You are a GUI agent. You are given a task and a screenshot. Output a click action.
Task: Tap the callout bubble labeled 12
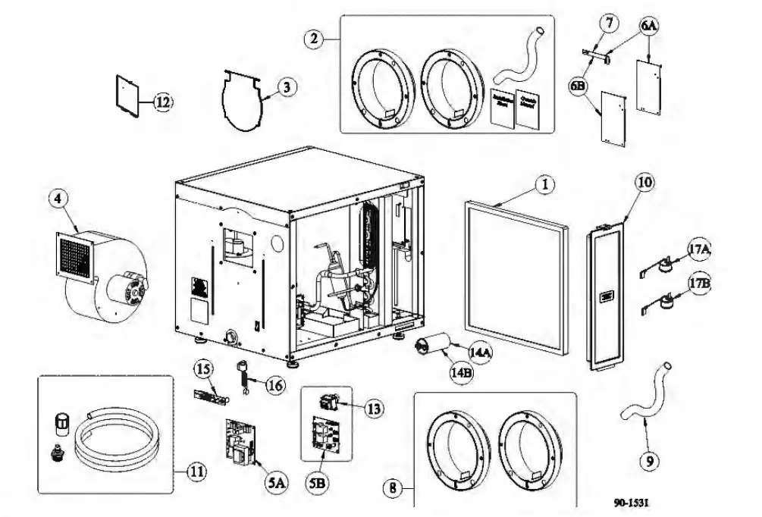tap(163, 102)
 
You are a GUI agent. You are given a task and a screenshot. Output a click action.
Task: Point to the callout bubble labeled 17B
tap(698, 284)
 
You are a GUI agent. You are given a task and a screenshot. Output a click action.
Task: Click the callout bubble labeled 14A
tap(480, 353)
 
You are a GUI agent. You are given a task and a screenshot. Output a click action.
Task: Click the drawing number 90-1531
tap(632, 502)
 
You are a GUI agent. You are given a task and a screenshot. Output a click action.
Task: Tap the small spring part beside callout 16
tap(244, 377)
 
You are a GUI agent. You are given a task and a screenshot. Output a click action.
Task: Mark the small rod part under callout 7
tap(597, 53)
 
